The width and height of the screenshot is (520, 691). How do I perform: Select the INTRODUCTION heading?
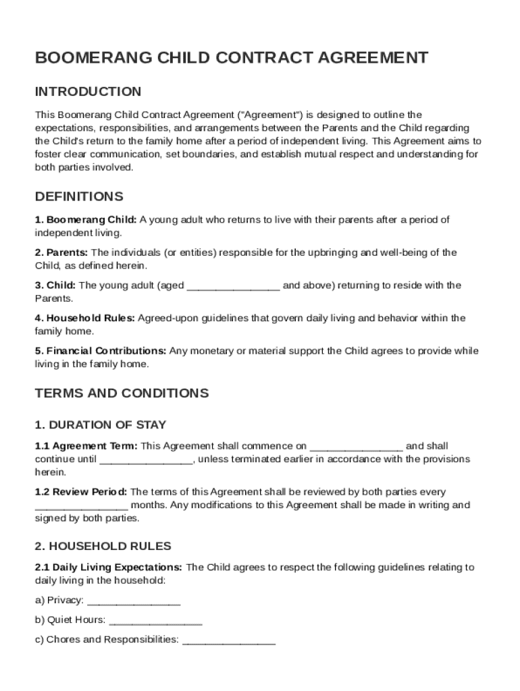pos(88,92)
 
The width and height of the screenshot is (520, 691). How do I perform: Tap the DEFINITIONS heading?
pos(79,197)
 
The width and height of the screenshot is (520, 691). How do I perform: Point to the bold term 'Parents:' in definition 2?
pos(62,252)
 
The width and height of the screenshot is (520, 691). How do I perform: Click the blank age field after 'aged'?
pos(233,286)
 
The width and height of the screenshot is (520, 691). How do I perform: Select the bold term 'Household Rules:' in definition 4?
pos(90,319)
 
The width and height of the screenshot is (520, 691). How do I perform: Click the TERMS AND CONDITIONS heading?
pos(122,393)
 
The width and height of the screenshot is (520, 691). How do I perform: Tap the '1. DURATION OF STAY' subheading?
pos(101,425)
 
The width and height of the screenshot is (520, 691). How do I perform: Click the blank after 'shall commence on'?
pos(356,447)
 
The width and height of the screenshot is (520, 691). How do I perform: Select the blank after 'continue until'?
pos(147,460)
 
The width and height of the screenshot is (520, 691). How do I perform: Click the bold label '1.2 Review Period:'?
pos(81,493)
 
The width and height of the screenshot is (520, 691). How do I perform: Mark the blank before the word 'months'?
pos(81,506)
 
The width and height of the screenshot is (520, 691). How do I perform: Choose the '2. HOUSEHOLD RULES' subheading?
pos(103,546)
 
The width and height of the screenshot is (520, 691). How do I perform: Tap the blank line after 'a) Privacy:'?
pos(134,601)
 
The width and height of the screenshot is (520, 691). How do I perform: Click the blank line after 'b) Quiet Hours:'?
pos(155,620)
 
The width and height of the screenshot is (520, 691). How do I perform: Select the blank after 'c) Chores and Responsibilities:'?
pos(228,640)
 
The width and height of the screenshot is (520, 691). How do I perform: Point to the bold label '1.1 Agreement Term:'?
pos(86,447)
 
